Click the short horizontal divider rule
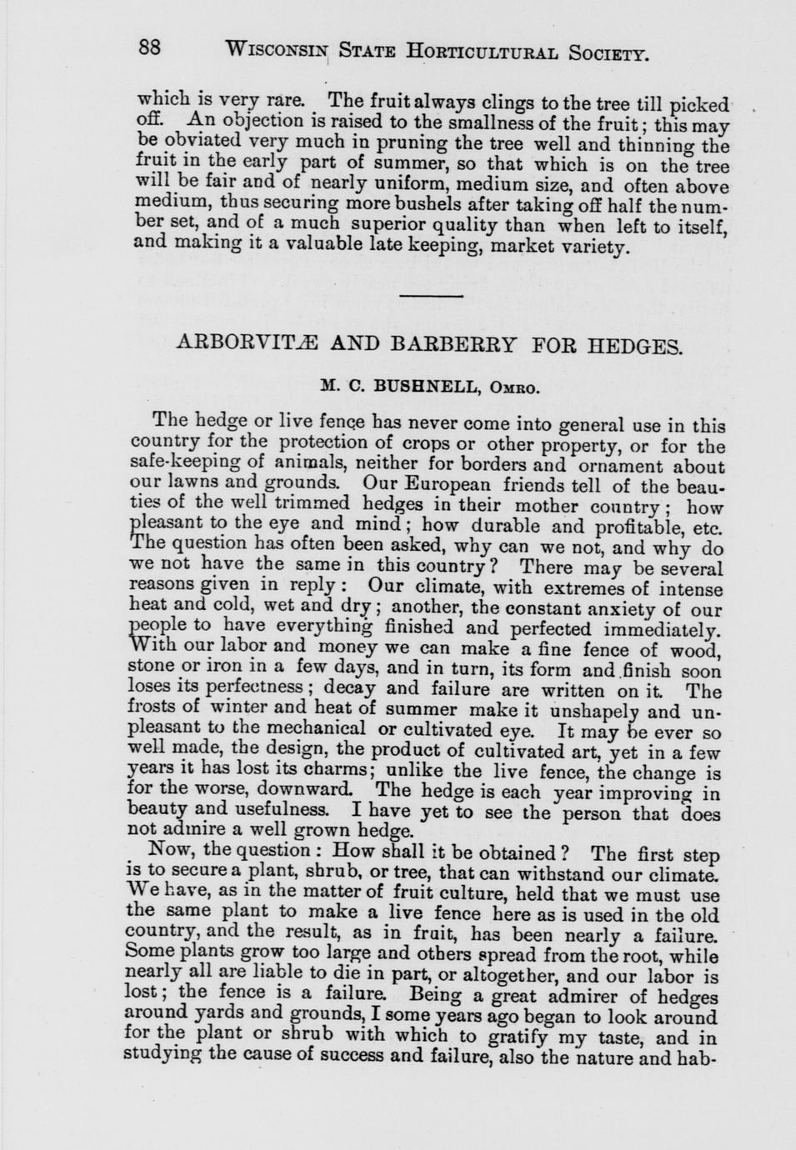(430, 295)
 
